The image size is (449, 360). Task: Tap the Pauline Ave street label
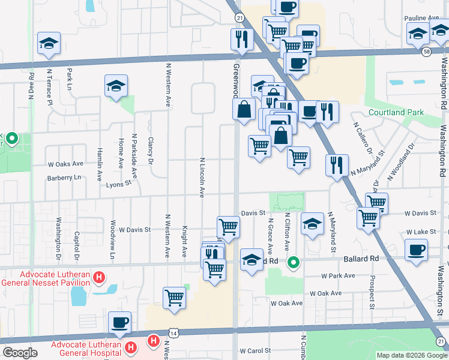[x=421, y=18]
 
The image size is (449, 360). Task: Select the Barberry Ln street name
[x=64, y=178]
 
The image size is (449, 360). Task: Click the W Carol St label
[x=256, y=350]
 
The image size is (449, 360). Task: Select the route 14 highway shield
[x=173, y=332]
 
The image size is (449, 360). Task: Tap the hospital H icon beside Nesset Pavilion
[x=100, y=278]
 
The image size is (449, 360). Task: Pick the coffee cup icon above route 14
[x=119, y=322]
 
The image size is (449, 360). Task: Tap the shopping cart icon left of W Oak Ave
[x=173, y=297]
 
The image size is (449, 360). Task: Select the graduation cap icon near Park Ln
[x=49, y=43]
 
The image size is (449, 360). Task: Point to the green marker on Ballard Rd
[x=294, y=262]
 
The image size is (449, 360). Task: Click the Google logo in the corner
[x=20, y=353]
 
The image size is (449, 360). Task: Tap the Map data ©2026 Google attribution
[x=411, y=355]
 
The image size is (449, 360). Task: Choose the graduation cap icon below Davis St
[x=312, y=224]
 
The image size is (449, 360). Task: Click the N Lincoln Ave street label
[x=202, y=177]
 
